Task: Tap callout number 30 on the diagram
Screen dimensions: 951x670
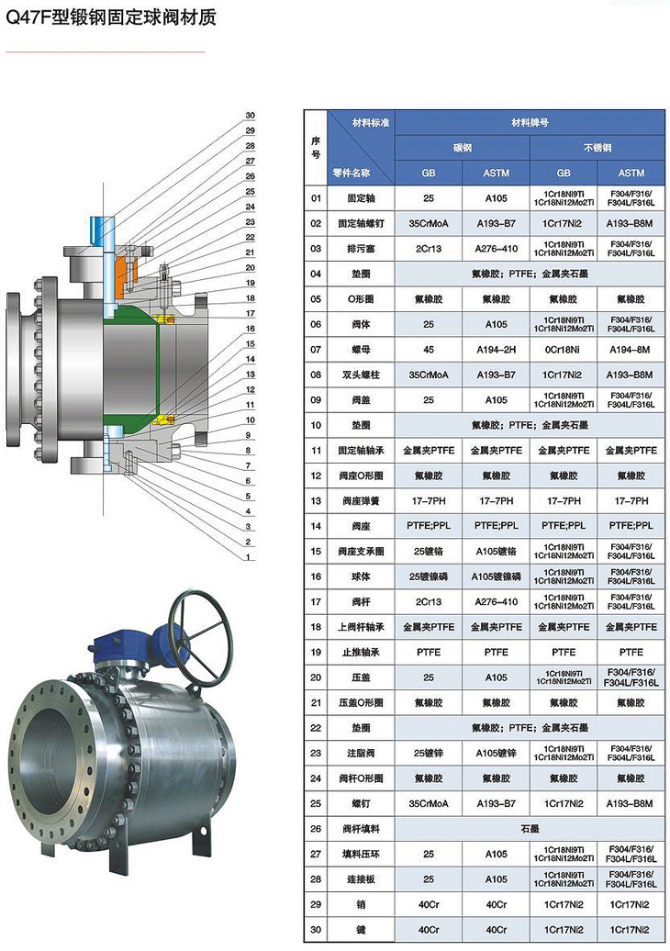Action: click(x=250, y=116)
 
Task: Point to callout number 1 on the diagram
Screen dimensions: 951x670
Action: click(x=250, y=557)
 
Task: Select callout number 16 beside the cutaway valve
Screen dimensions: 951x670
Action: click(x=250, y=328)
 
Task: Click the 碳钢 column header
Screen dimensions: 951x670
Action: click(x=463, y=147)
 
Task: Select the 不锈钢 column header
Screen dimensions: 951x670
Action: click(x=597, y=147)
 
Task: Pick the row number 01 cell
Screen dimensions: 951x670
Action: click(x=316, y=198)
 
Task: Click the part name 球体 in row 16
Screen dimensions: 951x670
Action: click(x=361, y=576)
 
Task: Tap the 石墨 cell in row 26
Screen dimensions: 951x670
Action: click(x=530, y=829)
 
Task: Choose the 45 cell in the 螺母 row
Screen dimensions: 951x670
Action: click(x=429, y=350)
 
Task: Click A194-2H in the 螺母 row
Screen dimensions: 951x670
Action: click(x=497, y=350)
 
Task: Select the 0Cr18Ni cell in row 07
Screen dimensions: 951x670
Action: click(x=564, y=350)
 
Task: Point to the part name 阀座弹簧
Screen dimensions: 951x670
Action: click(x=361, y=501)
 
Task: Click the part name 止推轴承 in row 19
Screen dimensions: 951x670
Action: click(x=361, y=652)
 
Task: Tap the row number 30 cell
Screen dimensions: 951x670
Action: click(x=316, y=930)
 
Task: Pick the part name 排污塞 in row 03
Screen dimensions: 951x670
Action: click(x=361, y=249)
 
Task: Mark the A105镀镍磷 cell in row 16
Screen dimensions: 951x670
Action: click(x=497, y=576)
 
